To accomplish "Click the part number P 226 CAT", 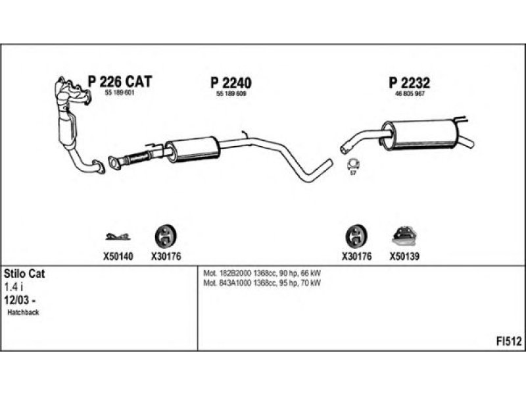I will click(x=120, y=82).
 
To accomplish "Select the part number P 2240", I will click(x=231, y=83).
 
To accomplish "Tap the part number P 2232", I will click(x=408, y=83).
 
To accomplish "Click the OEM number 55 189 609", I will click(x=231, y=94).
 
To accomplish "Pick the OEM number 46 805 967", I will click(x=408, y=94).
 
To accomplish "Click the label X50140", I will click(x=116, y=257).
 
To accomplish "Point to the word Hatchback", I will click(x=24, y=313).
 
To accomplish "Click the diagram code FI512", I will click(x=508, y=341).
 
